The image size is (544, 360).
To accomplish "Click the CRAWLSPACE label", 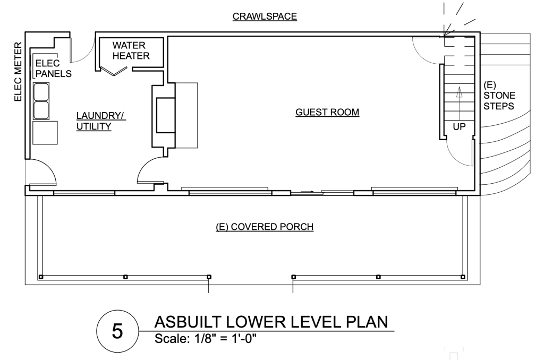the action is pyautogui.click(x=265, y=16).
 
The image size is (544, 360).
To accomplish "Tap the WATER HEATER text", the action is pyautogui.click(x=131, y=50).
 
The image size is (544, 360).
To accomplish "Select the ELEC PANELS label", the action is pyautogui.click(x=54, y=68).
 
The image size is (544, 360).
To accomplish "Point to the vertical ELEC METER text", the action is pyautogui.click(x=18, y=72).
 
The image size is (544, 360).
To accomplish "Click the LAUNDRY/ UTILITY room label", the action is pyautogui.click(x=100, y=121).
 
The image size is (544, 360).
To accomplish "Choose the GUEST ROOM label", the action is pyautogui.click(x=327, y=113).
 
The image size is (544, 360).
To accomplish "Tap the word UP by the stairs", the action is pyautogui.click(x=459, y=127).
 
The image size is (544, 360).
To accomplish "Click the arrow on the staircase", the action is pyautogui.click(x=460, y=104).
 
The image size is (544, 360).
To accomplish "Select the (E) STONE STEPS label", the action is pyautogui.click(x=499, y=96).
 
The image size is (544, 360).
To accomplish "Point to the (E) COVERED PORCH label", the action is pyautogui.click(x=265, y=227).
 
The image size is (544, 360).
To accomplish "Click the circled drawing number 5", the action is pyautogui.click(x=117, y=331).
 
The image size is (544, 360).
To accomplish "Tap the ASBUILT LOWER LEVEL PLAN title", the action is pyautogui.click(x=271, y=322).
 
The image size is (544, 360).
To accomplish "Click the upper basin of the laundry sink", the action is pyautogui.click(x=41, y=91).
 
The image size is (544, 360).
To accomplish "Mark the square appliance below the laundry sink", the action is pyautogui.click(x=45, y=133).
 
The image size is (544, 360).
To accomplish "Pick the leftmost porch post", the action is pyautogui.click(x=41, y=277).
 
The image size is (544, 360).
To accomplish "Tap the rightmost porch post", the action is pyautogui.click(x=463, y=277).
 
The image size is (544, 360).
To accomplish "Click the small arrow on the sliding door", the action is pyautogui.click(x=308, y=192).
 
